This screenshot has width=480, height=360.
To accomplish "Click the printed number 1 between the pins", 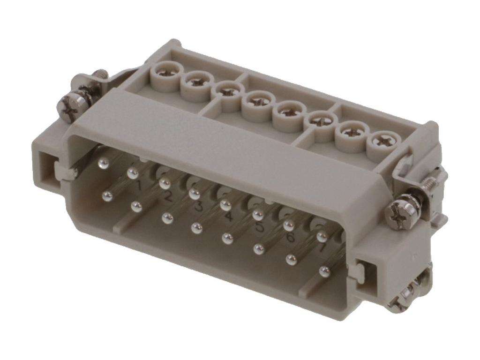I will (139, 186).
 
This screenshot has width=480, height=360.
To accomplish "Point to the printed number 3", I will (198, 207).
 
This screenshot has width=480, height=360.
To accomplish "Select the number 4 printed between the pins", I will (229, 217).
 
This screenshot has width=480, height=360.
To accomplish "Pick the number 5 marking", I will (260, 227).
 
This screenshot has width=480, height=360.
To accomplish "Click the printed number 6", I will (290, 238).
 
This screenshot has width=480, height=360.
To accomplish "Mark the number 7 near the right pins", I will (322, 248).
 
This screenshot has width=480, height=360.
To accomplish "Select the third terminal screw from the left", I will (228, 92).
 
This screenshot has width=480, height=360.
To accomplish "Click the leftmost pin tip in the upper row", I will (104, 163).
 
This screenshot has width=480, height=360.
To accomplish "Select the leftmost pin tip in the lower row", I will (107, 196).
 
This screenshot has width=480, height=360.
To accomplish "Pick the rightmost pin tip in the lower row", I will (324, 271).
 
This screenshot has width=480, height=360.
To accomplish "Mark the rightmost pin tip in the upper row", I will (322, 236).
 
